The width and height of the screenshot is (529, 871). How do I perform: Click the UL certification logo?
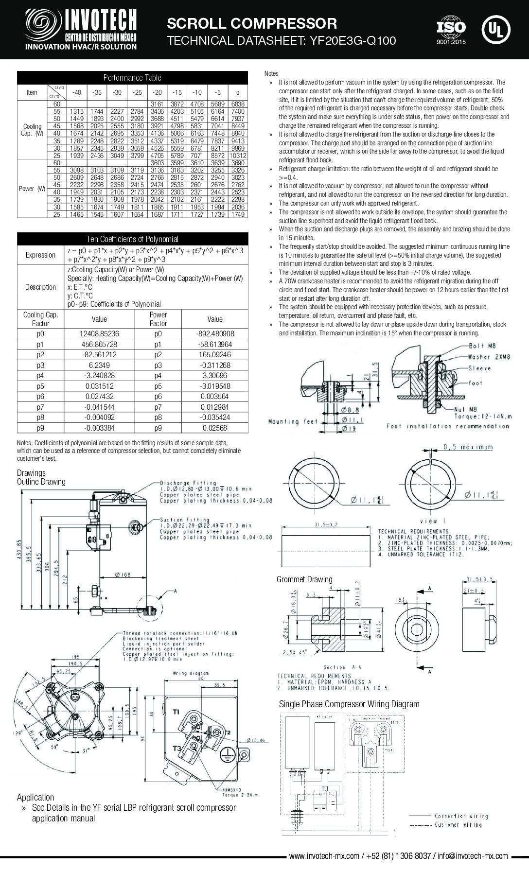coord(496,29)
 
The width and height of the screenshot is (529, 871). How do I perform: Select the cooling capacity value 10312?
coord(238,156)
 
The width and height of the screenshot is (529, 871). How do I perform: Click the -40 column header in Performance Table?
coord(77,92)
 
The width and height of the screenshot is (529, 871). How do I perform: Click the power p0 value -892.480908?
coord(214,334)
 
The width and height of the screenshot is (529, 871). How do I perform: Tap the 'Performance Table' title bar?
coord(132,78)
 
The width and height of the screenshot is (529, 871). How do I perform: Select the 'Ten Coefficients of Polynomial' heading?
coord(132,239)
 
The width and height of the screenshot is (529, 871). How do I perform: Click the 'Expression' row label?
coord(40,255)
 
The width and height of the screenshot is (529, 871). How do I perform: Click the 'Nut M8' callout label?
coord(466,410)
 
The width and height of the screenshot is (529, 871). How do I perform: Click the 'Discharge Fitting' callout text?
coord(185,483)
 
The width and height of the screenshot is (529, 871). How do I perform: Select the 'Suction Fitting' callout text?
coord(185,520)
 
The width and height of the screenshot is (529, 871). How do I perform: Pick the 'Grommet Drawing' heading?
coord(304,579)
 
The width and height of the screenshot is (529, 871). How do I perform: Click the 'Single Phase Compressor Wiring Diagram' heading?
coord(349,704)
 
